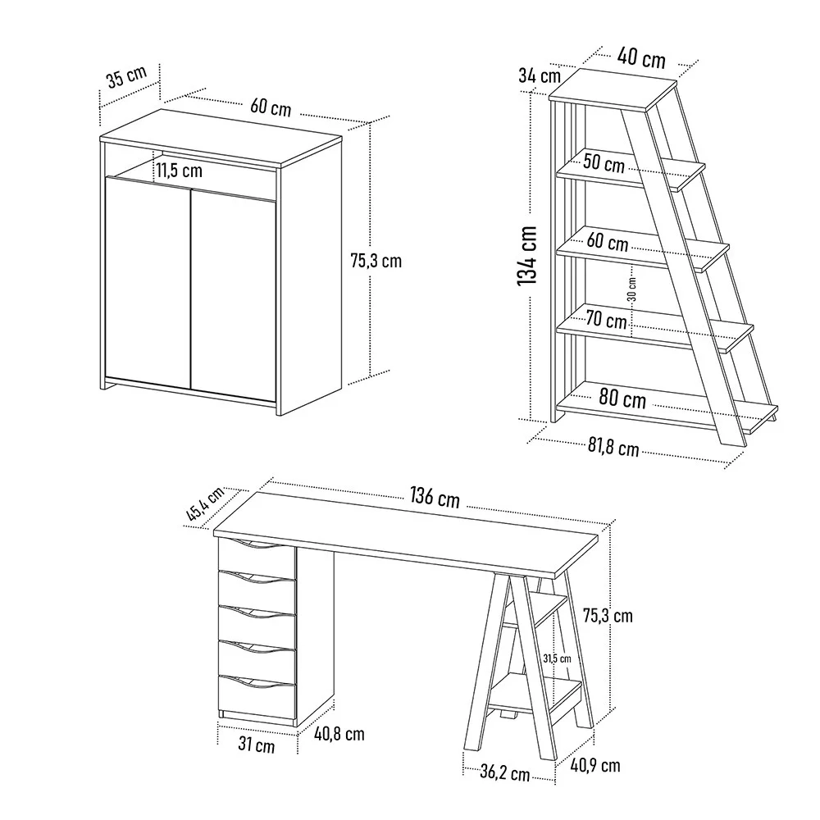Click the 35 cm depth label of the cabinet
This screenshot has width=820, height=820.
(x=126, y=76)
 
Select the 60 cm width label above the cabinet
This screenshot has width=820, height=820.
(x=271, y=107)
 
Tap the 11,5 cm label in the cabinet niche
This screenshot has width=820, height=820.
(x=179, y=171)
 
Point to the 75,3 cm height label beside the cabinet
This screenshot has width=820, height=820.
(x=376, y=261)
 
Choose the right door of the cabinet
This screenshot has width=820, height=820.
(x=233, y=296)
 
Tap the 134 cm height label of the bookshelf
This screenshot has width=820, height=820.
(x=527, y=256)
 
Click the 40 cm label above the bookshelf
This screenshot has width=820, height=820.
(x=641, y=57)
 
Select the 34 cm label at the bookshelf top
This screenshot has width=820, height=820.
(x=540, y=75)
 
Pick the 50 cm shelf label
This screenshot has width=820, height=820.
(x=604, y=163)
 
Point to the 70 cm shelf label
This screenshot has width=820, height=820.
(x=606, y=319)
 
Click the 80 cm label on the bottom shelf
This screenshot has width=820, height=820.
(x=622, y=399)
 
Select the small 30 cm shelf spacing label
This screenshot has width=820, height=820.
(x=631, y=289)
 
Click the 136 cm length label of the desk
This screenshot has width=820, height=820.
(x=435, y=498)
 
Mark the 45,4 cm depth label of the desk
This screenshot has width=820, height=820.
(x=205, y=503)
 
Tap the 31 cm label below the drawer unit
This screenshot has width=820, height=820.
(x=256, y=745)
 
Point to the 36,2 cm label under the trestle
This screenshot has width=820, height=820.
(x=505, y=773)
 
